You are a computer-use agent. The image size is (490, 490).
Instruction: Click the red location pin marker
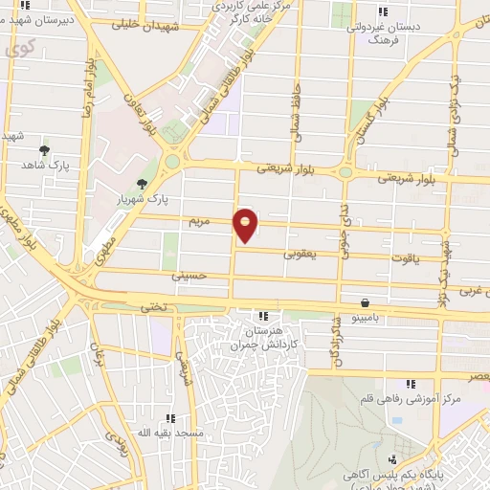coord(246,225)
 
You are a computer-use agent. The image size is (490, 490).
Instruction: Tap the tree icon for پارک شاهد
coord(44,150)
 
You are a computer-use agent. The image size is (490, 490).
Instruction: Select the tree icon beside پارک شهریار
coord(143,185)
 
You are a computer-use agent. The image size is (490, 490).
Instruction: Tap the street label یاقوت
coord(408,257)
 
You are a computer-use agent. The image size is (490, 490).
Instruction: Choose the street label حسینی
coord(189,277)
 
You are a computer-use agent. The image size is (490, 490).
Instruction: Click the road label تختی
coord(154,306)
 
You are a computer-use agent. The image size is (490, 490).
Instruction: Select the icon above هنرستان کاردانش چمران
coord(262,316)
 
